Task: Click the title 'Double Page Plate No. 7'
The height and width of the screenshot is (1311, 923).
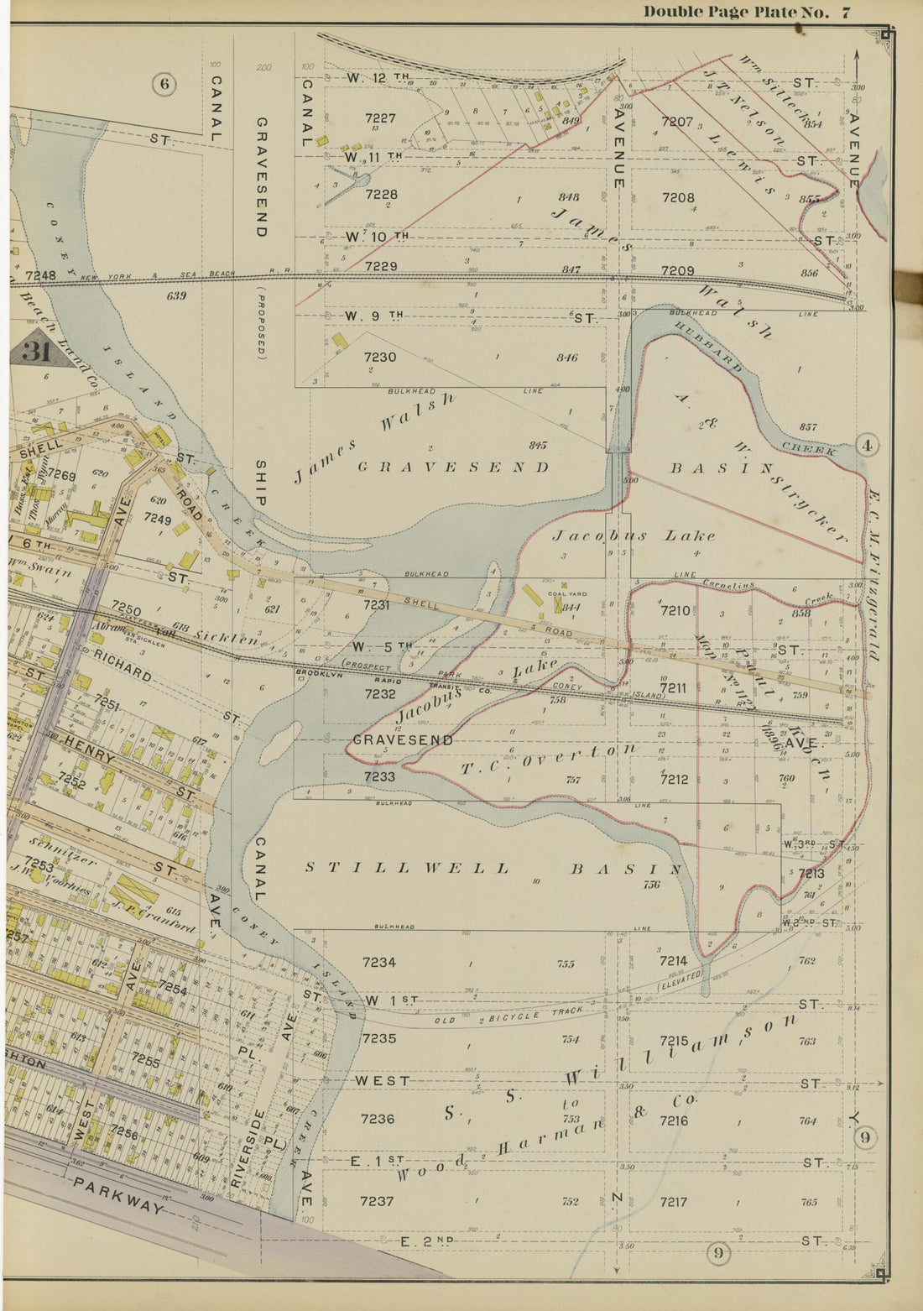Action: [x=747, y=12]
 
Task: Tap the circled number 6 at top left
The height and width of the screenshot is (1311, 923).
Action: [x=164, y=83]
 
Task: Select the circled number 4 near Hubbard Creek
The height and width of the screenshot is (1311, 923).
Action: [x=867, y=446]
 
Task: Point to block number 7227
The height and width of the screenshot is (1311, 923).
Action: [x=380, y=119]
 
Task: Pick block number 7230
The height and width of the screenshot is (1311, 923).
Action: [x=380, y=357]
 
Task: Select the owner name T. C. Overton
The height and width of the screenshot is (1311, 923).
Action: [x=550, y=756]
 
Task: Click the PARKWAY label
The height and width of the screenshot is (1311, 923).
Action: [x=117, y=1196]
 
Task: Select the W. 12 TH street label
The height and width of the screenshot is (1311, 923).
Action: [x=378, y=77]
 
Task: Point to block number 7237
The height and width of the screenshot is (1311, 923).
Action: [x=377, y=1201]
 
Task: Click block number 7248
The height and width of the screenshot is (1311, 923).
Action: [x=40, y=275]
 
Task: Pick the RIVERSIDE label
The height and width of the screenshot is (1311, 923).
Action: [x=237, y=1139]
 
